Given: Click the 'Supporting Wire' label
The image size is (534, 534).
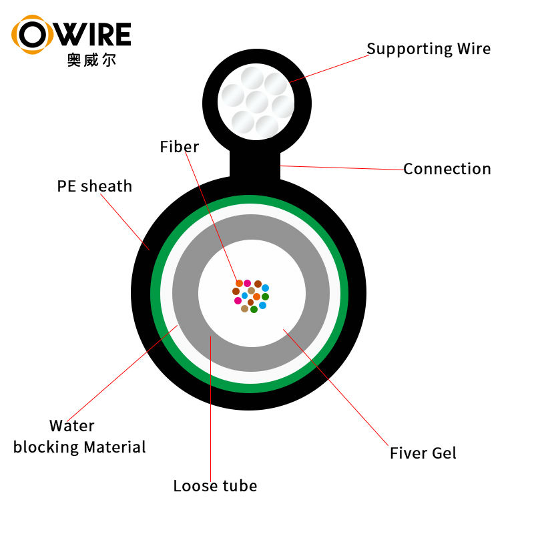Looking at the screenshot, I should click(429, 49).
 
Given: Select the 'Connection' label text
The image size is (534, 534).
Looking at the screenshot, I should click(447, 169).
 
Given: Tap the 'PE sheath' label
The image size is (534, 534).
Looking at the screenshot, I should click(95, 186).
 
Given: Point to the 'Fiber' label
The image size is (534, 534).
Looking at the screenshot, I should click(179, 147).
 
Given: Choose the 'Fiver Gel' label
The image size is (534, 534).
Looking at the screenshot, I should click(423, 453).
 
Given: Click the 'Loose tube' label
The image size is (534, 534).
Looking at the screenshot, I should click(215, 486).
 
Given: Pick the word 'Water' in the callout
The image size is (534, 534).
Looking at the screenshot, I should click(72, 426).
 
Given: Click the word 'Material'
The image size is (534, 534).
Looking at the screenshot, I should click(112, 447).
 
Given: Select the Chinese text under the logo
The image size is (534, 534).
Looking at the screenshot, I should click(91, 61).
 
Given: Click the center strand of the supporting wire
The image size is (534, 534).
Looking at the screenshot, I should click(257, 103).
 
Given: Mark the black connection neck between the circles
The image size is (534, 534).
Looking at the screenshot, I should click(254, 164).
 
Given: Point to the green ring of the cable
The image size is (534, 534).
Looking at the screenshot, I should click(156, 294).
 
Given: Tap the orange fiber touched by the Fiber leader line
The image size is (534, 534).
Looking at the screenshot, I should click(239, 284).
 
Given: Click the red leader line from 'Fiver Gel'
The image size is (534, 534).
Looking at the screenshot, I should click(337, 386).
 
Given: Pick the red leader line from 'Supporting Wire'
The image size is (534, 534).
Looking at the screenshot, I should click(327, 67).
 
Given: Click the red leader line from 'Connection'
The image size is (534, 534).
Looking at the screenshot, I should click(340, 167).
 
